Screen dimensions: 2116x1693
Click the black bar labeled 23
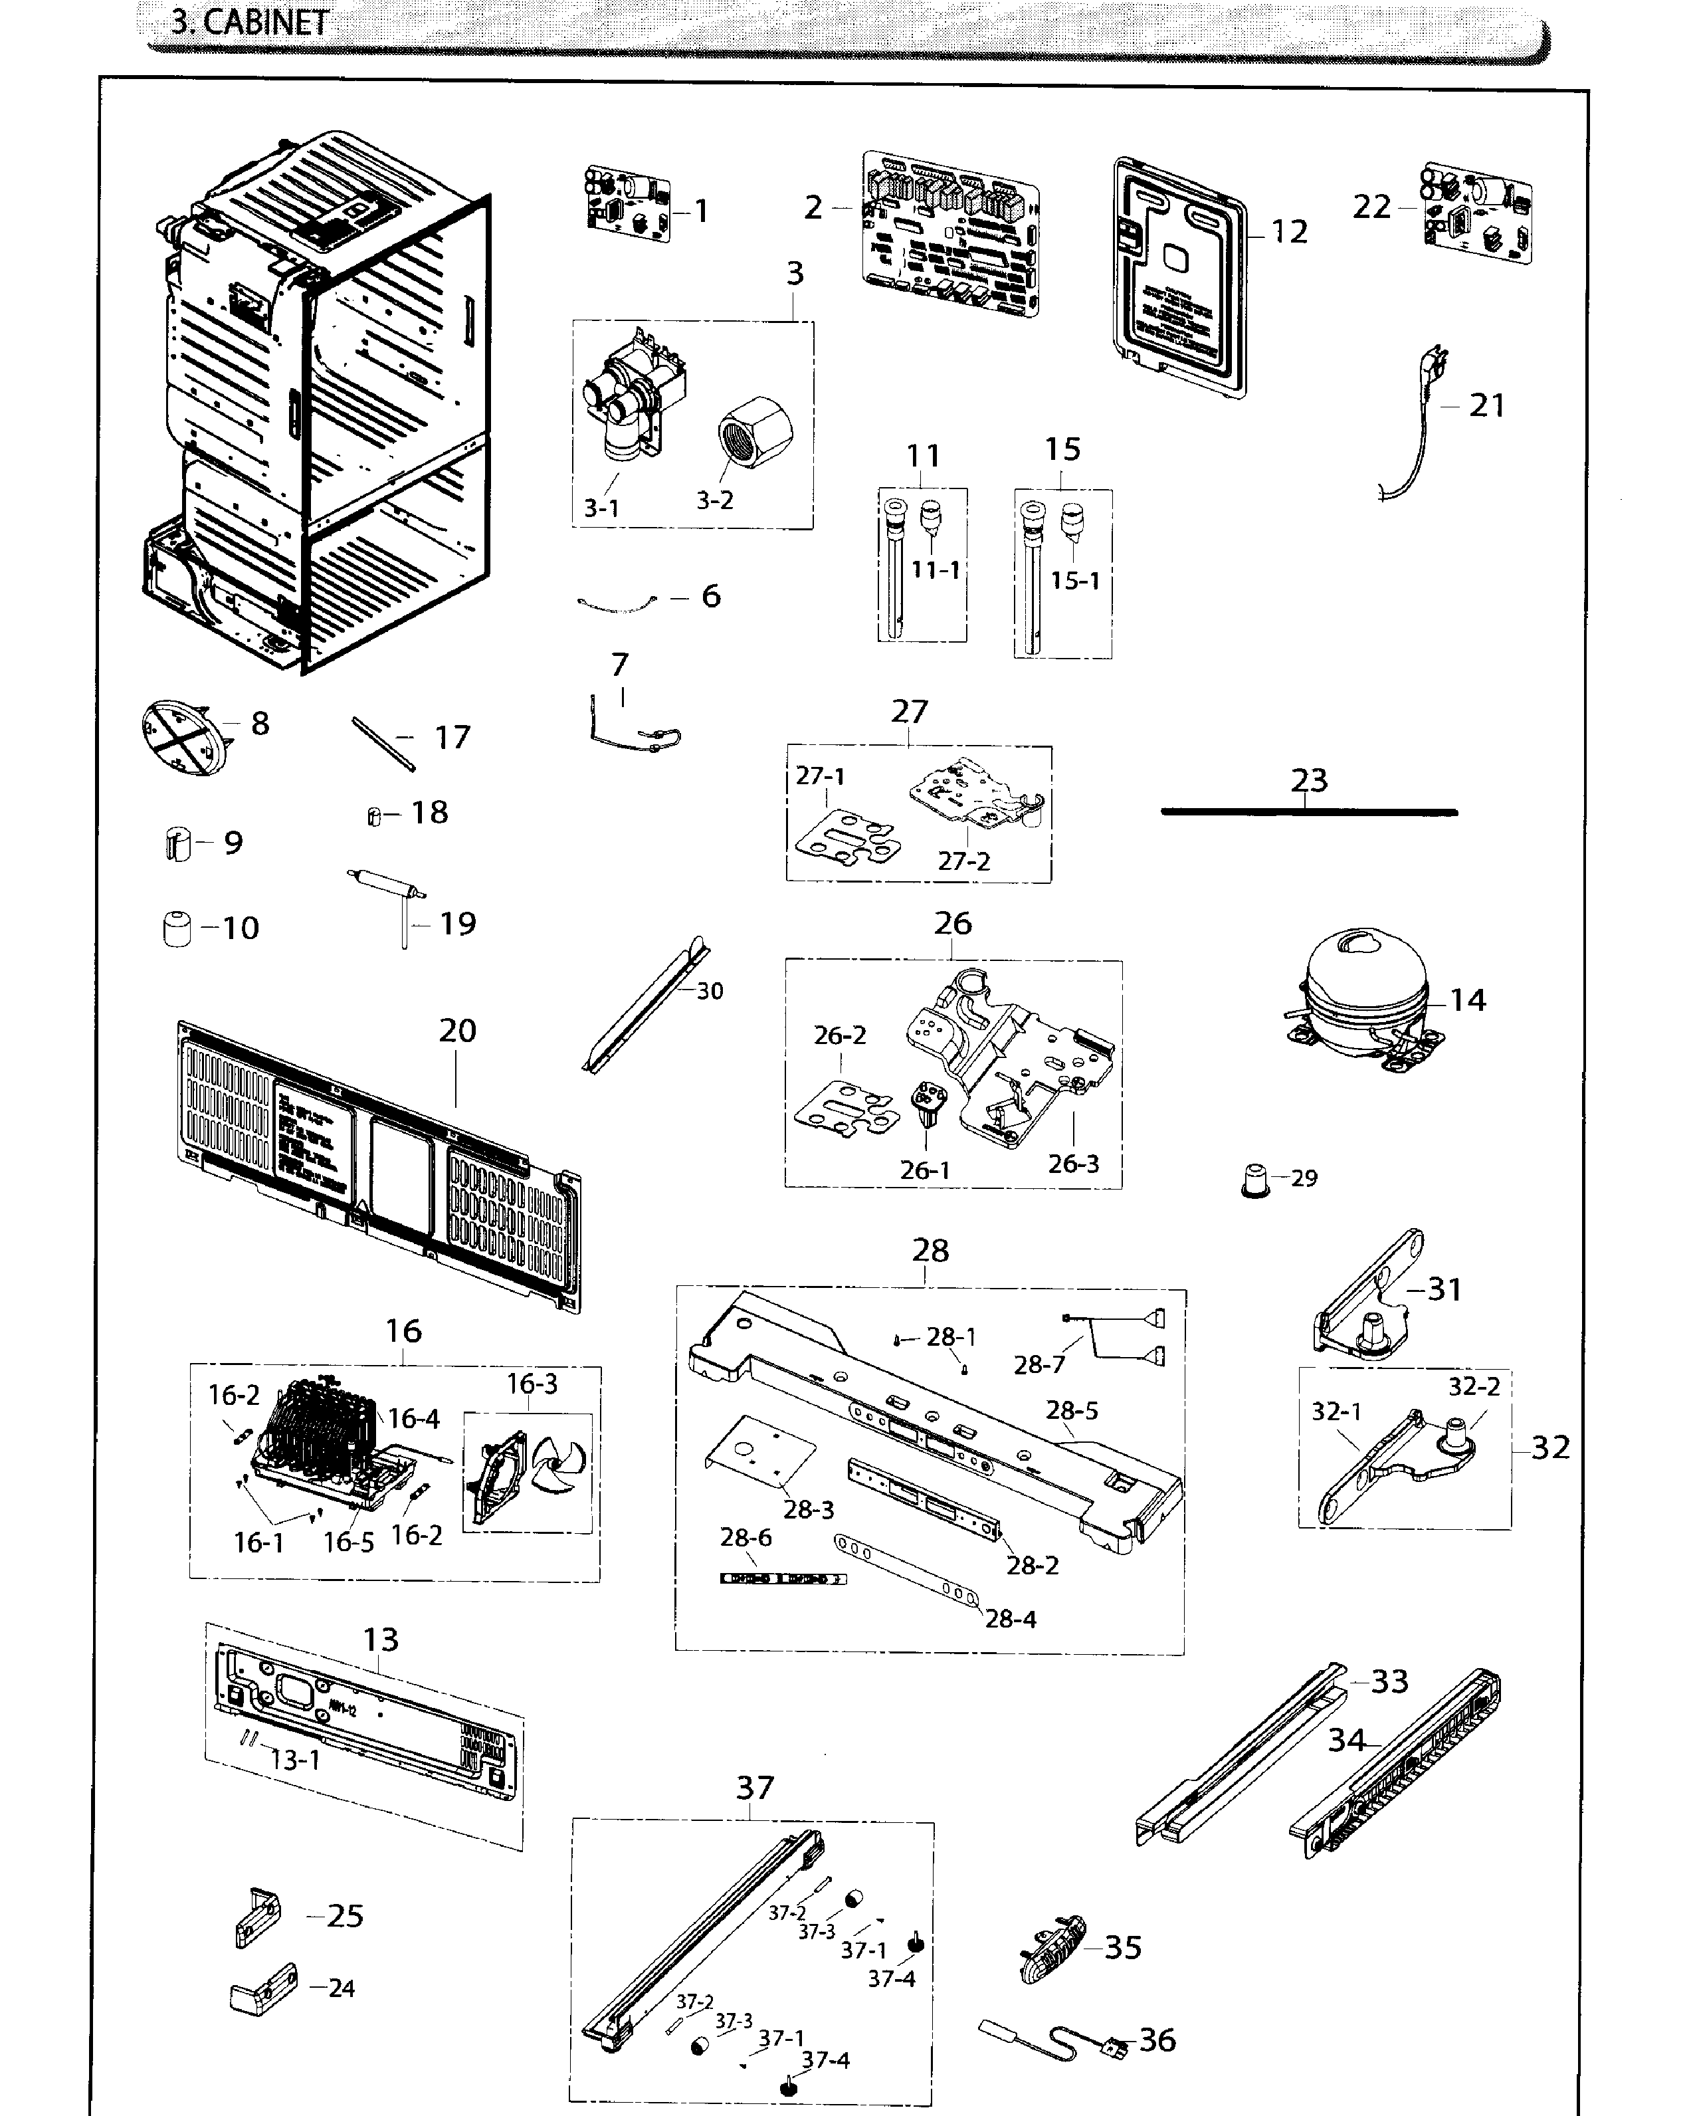[x=1308, y=811]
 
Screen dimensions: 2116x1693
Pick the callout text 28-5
[x=1071, y=1410]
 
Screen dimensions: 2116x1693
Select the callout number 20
[x=457, y=1031]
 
